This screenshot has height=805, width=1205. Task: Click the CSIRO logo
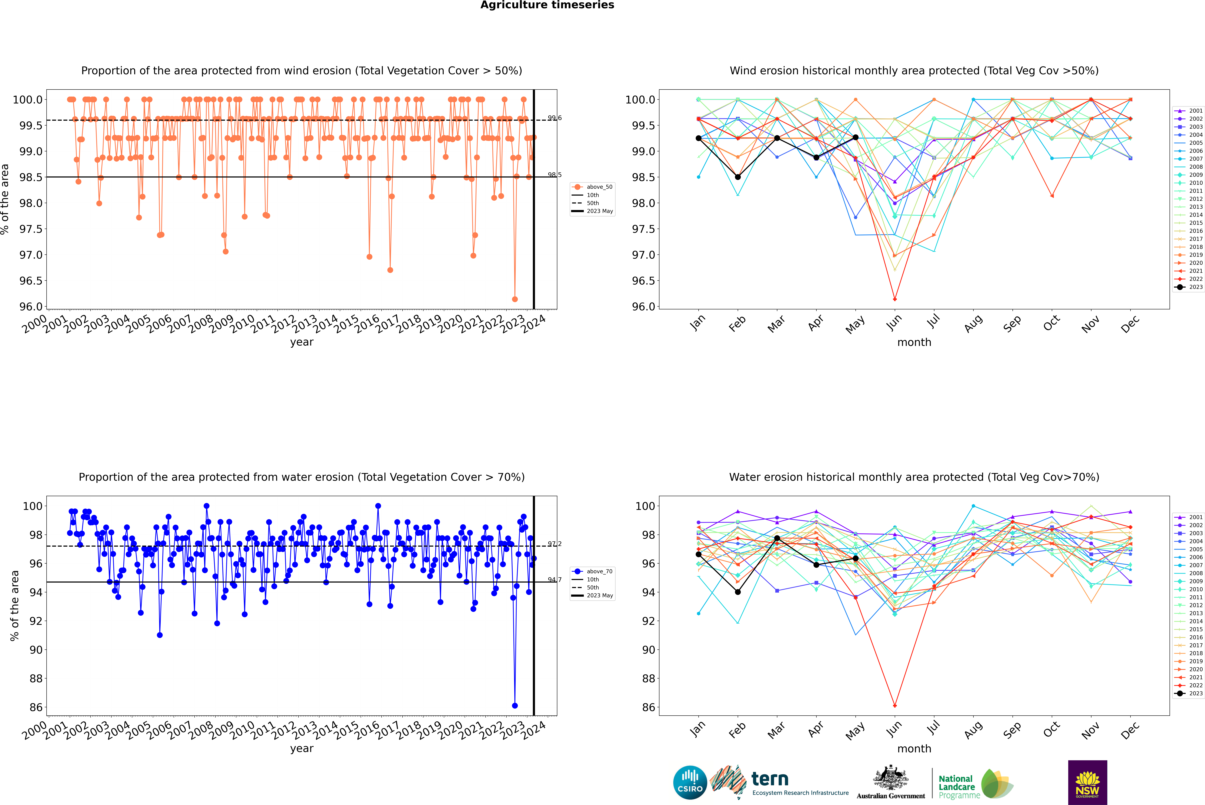click(x=690, y=782)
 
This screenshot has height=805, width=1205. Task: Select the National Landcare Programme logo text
click(x=956, y=787)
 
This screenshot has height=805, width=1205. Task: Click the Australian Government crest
click(x=891, y=778)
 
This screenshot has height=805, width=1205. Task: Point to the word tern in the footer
click(x=769, y=779)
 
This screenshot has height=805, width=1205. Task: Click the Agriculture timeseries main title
click(x=547, y=5)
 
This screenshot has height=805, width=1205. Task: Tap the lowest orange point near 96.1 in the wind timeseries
click(x=515, y=299)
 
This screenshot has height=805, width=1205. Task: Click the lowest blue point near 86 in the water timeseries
click(x=515, y=706)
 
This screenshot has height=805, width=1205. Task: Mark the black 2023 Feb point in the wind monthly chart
click(x=738, y=177)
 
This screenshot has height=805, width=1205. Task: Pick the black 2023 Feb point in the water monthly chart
click(x=738, y=592)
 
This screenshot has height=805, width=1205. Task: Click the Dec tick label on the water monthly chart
click(x=1130, y=730)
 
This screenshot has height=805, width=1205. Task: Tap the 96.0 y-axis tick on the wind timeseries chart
click(x=31, y=307)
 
